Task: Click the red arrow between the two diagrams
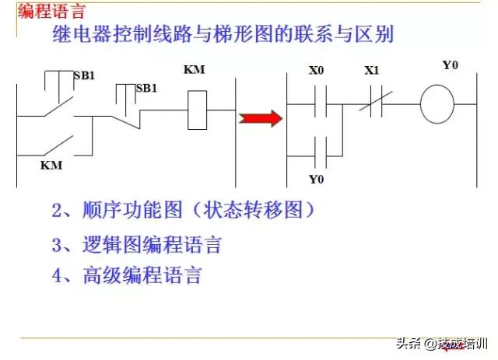[261, 118]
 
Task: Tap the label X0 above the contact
[316, 72]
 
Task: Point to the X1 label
[371, 72]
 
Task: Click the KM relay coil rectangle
[197, 109]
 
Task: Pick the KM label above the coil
[194, 70]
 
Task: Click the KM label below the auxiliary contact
[51, 166]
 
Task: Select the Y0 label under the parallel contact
[316, 180]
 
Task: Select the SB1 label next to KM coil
[147, 88]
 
